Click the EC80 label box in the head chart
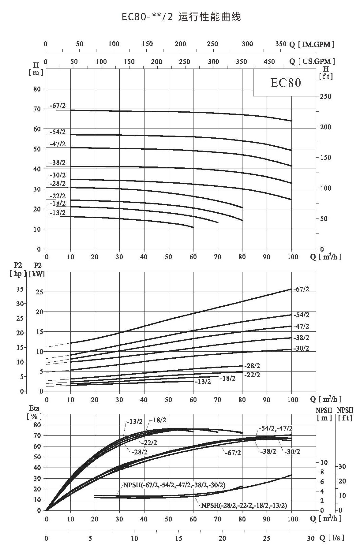tap(285, 83)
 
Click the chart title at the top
tap(181, 17)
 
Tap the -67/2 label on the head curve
tap(58, 106)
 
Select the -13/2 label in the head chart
tap(58, 213)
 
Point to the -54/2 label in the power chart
tap(301, 315)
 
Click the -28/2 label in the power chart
tap(252, 366)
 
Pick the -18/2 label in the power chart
tap(228, 378)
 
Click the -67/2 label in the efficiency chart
tap(233, 453)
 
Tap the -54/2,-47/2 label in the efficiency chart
tap(276, 428)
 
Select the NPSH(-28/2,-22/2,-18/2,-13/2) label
tap(244, 505)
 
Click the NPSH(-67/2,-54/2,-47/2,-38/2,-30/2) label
tap(174, 485)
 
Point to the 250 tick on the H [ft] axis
tap(325, 96)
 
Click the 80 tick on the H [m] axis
tap(37, 89)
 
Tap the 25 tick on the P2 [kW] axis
tap(39, 292)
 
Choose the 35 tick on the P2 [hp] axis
tap(20, 289)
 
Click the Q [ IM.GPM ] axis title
tap(312, 45)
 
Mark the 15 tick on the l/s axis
tap(178, 538)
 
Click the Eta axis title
tap(34, 408)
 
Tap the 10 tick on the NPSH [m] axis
tap(324, 462)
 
